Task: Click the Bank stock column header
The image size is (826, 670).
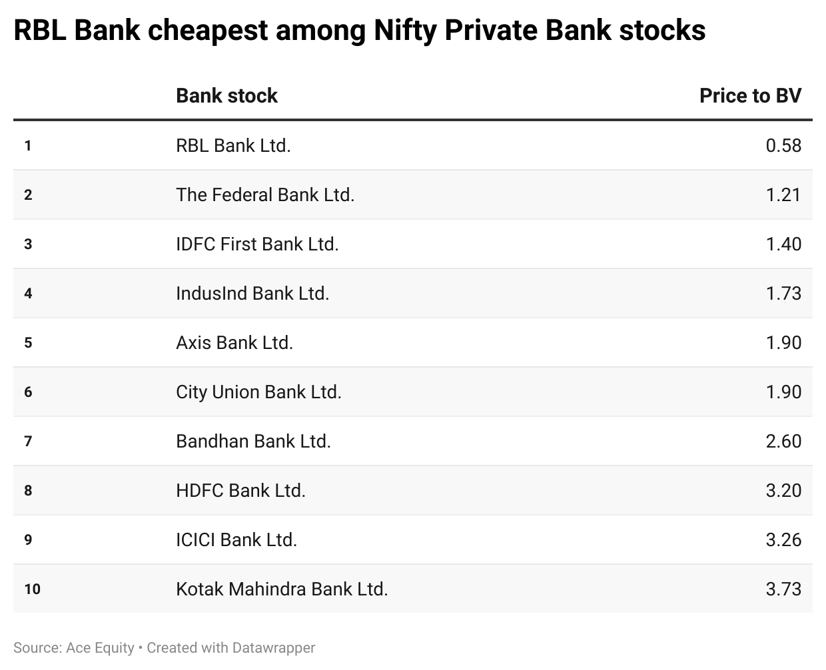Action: pos(226,96)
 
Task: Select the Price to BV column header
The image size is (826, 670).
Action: pos(750,96)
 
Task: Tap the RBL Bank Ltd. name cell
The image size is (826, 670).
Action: pos(233,145)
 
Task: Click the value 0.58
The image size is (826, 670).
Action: pos(783,145)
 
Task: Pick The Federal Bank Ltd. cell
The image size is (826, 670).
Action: pos(265,194)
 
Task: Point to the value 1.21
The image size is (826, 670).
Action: pos(783,194)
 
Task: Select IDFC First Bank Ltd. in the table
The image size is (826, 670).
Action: pos(257,244)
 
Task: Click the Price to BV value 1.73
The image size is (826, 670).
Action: pos(783,293)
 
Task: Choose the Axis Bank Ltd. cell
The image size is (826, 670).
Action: pos(234,342)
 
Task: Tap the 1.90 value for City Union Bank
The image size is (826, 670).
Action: pos(783,392)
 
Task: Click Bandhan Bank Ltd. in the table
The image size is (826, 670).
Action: pos(253,441)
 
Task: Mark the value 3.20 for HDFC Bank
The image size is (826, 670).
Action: pos(783,490)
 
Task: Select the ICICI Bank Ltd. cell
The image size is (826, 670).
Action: pos(236,539)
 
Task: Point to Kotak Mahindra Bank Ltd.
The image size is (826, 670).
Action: pos(282,589)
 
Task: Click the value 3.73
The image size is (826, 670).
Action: pos(783,589)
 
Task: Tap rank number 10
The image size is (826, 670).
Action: pos(32,589)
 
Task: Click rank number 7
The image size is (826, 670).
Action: pos(28,441)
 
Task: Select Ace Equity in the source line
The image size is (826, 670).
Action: pos(100,647)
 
